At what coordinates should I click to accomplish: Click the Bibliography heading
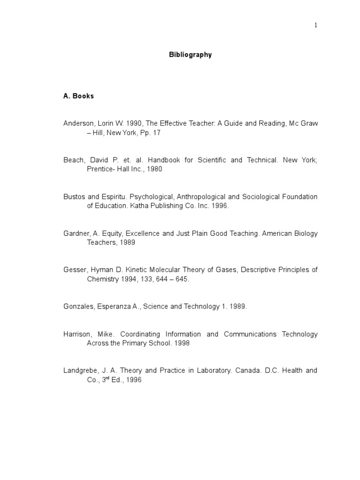(x=190, y=55)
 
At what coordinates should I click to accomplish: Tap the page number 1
(x=316, y=25)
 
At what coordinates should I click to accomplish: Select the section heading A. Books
(x=79, y=96)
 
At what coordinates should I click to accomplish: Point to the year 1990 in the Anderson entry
(x=134, y=123)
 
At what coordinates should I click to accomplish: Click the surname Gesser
(x=75, y=270)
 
